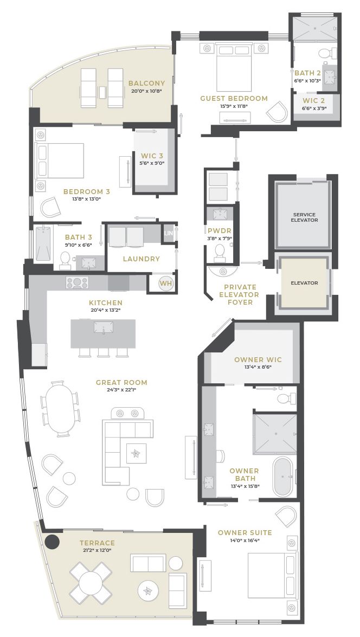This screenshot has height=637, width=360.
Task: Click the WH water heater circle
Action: [166, 283]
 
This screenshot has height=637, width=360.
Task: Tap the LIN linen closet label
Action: [169, 233]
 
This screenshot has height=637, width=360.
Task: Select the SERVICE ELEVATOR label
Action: [304, 217]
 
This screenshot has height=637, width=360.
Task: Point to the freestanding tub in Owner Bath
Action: [282, 477]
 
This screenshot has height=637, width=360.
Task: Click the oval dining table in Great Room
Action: [61, 408]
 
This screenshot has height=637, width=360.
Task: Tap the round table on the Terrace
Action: [91, 583]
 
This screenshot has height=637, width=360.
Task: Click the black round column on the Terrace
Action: [52, 541]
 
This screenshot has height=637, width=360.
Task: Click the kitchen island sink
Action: [103, 327]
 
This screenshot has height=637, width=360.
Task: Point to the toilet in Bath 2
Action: [328, 53]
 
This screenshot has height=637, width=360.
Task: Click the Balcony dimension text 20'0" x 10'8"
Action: [147, 92]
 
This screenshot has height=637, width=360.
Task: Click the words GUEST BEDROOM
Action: [234, 98]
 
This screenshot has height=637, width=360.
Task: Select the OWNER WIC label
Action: [258, 359]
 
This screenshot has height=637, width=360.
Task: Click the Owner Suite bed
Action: [271, 575]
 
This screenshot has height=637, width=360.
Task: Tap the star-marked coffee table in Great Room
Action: [136, 453]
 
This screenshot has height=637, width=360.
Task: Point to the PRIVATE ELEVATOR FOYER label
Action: [240, 294]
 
